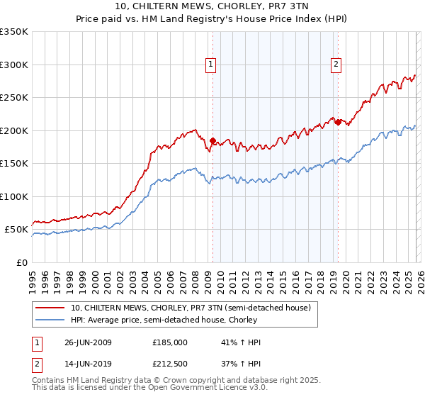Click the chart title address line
(212, 6)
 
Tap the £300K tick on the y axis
(14, 65)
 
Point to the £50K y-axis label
(16, 230)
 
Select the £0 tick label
(21, 262)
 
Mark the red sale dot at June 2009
(212, 140)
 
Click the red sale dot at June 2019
(338, 122)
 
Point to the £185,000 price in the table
(170, 342)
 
